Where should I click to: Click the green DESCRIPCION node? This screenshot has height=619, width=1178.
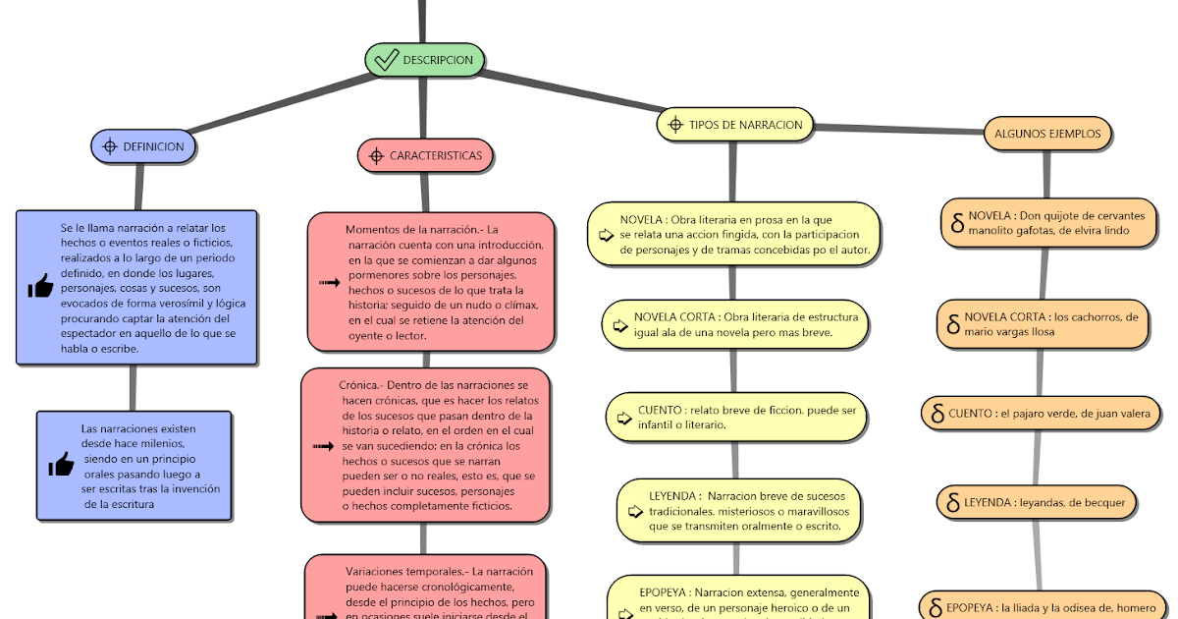tap(425, 60)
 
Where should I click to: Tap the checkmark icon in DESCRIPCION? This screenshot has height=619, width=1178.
tap(386, 60)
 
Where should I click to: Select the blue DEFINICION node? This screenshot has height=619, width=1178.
tap(144, 147)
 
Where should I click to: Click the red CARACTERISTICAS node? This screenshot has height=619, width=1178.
tap(425, 155)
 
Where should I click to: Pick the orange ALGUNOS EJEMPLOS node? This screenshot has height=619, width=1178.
tap(1047, 134)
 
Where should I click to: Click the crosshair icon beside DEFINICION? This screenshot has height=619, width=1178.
tap(110, 147)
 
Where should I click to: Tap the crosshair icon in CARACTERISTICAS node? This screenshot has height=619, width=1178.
tap(375, 155)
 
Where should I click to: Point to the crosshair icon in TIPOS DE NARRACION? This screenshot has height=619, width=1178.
tap(674, 125)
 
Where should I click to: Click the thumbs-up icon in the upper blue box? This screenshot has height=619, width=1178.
tap(40, 287)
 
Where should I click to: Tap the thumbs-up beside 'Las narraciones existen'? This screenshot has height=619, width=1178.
tap(61, 465)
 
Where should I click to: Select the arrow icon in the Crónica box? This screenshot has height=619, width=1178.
tap(323, 446)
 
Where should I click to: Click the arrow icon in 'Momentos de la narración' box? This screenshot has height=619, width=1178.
tap(329, 283)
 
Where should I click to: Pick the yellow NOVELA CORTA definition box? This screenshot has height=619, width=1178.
tap(735, 324)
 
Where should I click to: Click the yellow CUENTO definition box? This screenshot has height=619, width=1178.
tap(737, 417)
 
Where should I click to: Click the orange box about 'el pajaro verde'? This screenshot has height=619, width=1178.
tap(1040, 414)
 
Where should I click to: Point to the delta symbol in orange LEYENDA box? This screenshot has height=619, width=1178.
tap(951, 503)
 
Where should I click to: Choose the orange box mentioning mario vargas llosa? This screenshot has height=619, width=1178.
tap(1042, 324)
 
